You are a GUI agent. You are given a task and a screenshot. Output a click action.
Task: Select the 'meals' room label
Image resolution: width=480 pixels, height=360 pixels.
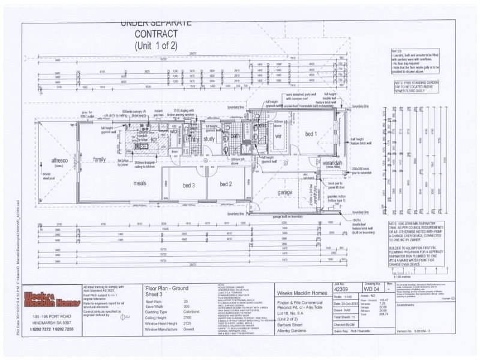140,182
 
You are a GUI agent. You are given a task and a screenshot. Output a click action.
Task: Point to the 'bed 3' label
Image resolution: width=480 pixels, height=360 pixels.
189,184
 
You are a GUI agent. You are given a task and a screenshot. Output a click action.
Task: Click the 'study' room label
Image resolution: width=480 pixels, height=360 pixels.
209,139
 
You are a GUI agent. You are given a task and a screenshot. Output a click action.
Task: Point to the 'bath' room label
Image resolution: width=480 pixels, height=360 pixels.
235,136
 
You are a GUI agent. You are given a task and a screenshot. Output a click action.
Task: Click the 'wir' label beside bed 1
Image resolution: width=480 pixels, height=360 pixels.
278,137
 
